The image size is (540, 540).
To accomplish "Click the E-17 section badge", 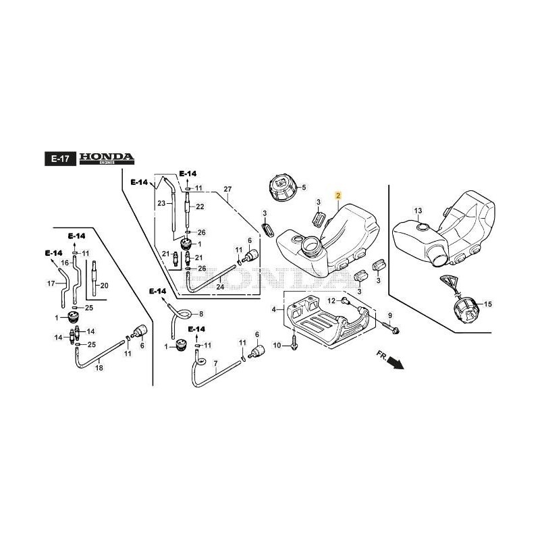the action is (57, 159).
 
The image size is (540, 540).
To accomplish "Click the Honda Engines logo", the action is (107, 159).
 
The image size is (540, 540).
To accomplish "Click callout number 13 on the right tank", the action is (418, 211).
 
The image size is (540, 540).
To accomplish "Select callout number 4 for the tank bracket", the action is (273, 310).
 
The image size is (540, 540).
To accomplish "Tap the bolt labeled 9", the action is (394, 329).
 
